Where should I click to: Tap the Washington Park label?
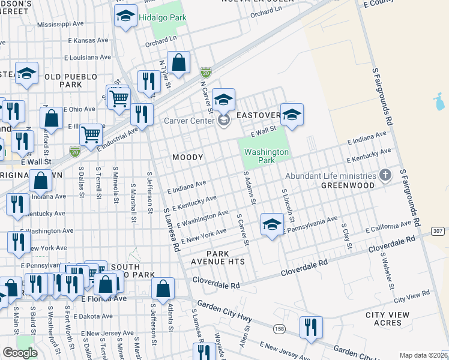click(267, 156)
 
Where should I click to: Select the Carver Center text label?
click(189, 121)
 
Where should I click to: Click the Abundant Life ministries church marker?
click(386, 176)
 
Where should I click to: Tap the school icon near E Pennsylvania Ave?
click(272, 225)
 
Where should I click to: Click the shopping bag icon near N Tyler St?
click(179, 62)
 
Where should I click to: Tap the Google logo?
click(20, 353)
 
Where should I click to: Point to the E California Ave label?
click(390, 227)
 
